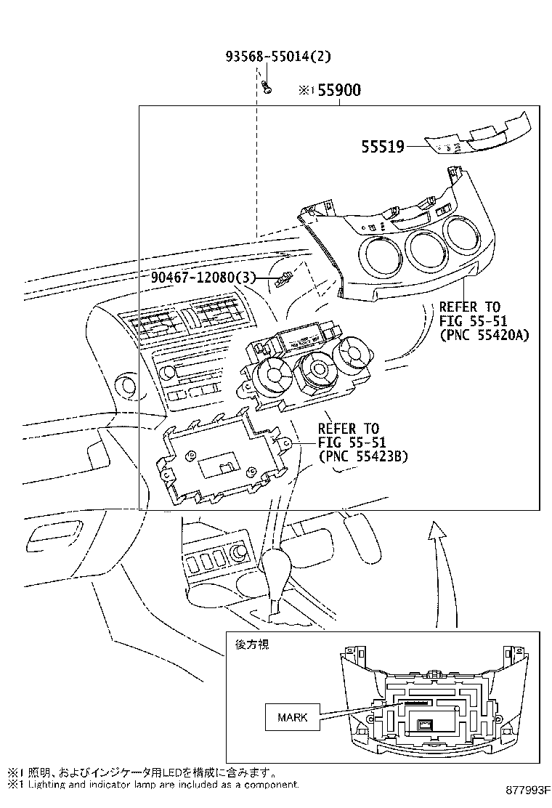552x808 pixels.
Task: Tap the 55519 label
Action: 383,147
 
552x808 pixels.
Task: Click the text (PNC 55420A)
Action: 484,335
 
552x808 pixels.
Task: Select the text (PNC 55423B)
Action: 363,456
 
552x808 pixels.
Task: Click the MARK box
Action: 293,717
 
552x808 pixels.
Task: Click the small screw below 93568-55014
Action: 267,88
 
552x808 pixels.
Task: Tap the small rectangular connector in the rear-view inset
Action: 425,724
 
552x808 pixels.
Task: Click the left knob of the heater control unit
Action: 274,374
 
